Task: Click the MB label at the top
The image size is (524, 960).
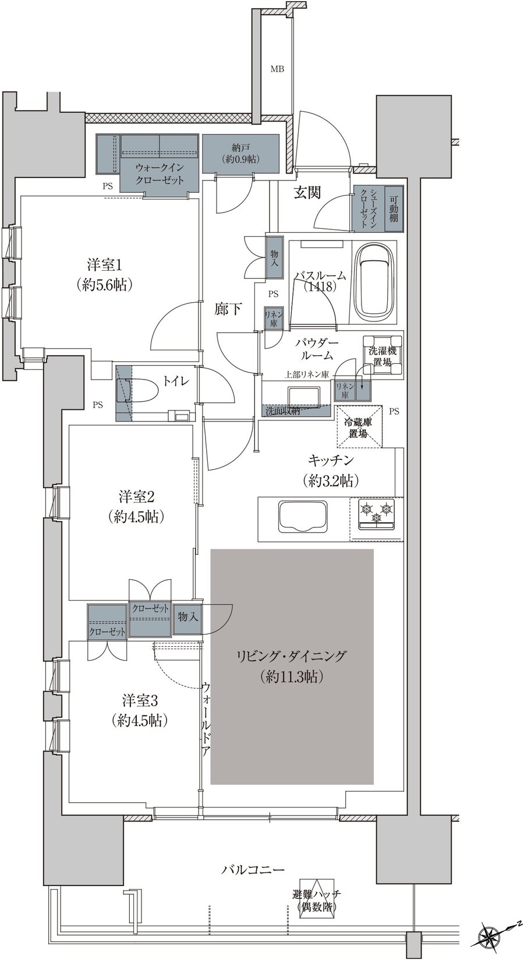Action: [277, 69]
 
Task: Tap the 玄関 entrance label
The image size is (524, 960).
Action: [307, 194]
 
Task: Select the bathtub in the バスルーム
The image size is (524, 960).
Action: [376, 282]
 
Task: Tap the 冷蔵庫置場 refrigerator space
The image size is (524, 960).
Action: [359, 426]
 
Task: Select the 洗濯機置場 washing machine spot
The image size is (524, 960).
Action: [383, 356]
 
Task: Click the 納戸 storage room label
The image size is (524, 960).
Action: [241, 147]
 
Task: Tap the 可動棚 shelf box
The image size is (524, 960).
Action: [394, 208]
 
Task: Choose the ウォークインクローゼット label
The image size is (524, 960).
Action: [160, 172]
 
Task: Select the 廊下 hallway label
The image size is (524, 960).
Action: [228, 309]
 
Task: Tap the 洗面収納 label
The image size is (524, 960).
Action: [282, 410]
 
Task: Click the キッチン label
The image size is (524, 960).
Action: [331, 460]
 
